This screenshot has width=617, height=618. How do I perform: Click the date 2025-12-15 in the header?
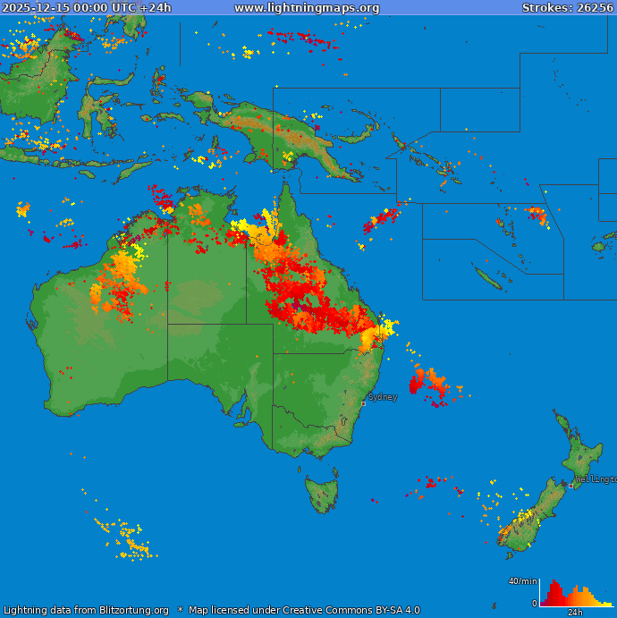pyautogui.click(x=34, y=8)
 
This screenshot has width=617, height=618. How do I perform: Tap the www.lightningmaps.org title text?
pyautogui.click(x=307, y=8)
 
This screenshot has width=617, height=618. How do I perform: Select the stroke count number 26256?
pyautogui.click(x=595, y=8)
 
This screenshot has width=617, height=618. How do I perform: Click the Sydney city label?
pyautogui.click(x=383, y=397)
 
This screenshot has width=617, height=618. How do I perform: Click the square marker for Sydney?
pyautogui.click(x=363, y=403)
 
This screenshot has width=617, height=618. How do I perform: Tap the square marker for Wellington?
pyautogui.click(x=571, y=486)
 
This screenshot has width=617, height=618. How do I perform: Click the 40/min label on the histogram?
pyautogui.click(x=522, y=582)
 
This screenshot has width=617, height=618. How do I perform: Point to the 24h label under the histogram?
pyautogui.click(x=576, y=613)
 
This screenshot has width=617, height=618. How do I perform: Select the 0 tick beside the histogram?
pyautogui.click(x=535, y=604)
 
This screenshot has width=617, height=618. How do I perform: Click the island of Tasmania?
pyautogui.click(x=322, y=493)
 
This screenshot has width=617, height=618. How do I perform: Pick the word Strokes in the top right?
pyautogui.click(x=546, y=8)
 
